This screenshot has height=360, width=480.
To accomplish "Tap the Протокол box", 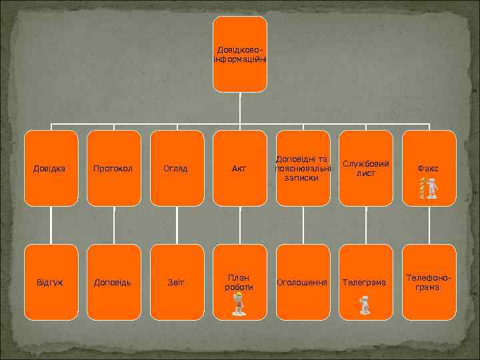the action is point(114,168).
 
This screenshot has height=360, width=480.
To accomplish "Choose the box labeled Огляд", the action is point(177,168).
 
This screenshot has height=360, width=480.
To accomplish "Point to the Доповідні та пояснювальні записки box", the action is point(303,168).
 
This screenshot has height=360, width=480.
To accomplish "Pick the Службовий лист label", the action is point(365,168).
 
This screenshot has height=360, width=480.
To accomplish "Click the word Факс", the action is point(428,169).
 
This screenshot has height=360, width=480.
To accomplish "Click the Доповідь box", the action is point(114,283).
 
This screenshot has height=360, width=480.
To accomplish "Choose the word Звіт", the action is point(177,283).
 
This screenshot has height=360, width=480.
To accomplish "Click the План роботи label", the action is point(239,282).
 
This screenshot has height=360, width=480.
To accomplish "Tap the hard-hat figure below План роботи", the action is point(238,304).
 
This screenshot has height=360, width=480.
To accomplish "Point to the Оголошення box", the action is point(303,283).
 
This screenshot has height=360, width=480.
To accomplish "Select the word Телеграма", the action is point(365,283).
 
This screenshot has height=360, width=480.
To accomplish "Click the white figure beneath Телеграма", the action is point(365,305).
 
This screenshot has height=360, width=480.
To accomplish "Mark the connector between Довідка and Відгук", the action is point(51,225).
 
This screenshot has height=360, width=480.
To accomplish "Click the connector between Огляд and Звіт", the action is point(177,225).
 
